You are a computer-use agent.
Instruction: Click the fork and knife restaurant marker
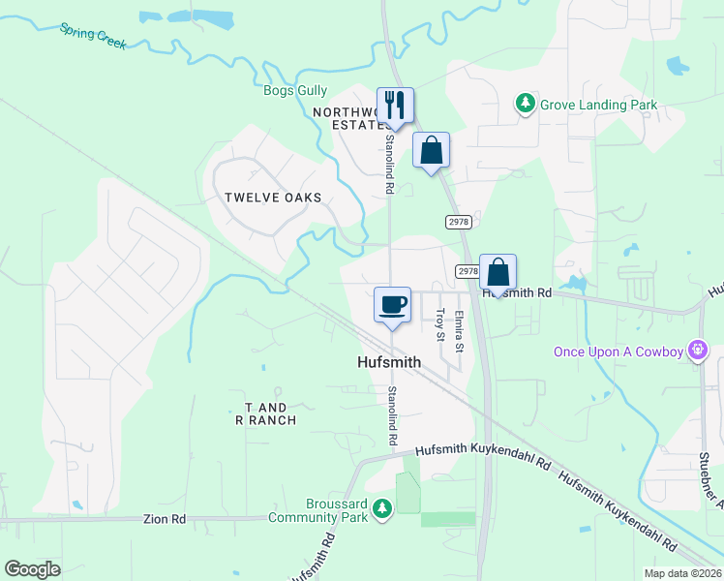point(395,106)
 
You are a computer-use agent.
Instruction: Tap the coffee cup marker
point(392,305)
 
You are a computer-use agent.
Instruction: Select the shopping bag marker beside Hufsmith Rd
point(498,272)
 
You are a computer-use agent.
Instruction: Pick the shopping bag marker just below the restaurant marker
point(431,150)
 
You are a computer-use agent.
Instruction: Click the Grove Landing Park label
point(598,105)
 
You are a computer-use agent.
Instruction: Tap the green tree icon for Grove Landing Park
point(526,103)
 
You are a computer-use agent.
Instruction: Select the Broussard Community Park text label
point(323,510)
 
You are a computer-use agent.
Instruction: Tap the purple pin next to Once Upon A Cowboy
point(696,350)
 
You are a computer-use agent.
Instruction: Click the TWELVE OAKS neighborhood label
point(273,198)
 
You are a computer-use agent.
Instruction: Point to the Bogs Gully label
point(295,91)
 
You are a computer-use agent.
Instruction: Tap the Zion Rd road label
point(164,519)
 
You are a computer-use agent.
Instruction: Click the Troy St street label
point(439,324)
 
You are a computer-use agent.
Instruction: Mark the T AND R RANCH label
point(265,414)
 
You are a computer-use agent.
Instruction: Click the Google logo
point(32,568)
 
